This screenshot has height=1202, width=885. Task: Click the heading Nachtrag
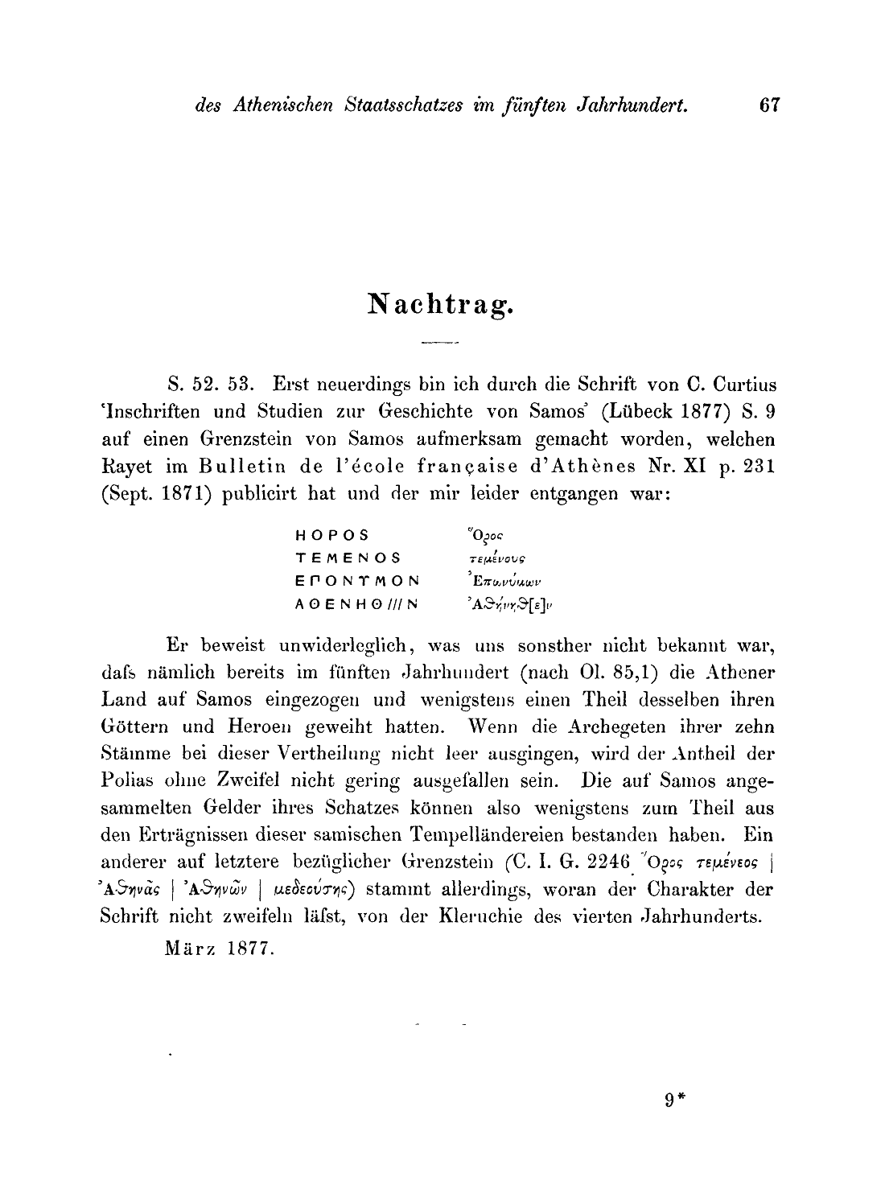(441, 303)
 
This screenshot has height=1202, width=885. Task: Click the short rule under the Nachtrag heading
(438, 344)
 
